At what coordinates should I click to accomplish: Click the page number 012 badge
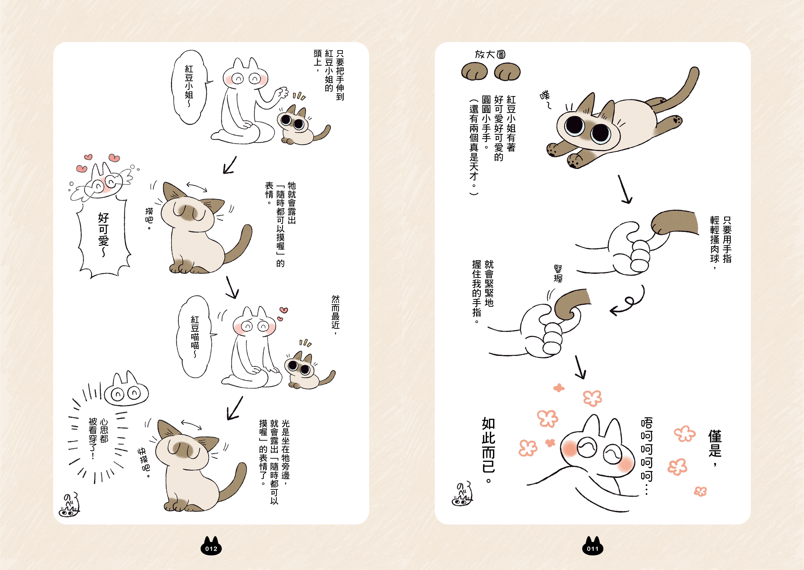[211, 546]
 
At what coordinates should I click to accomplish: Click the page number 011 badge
[593, 546]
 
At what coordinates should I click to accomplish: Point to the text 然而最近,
[336, 314]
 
